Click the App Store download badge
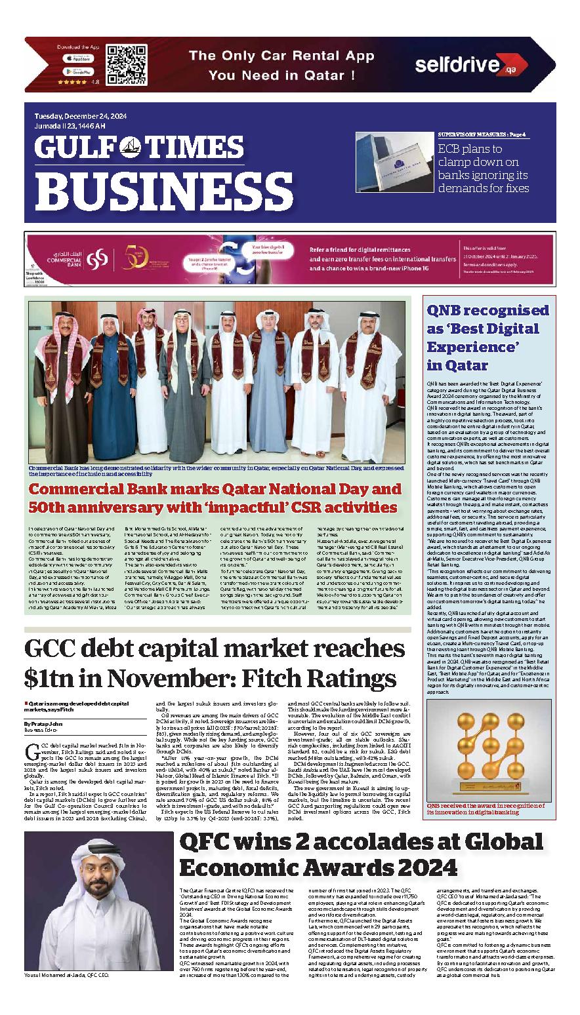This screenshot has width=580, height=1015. click(x=78, y=58)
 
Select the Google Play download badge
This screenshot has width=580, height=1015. click(x=78, y=71)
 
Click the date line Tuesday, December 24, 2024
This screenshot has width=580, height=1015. click(x=81, y=116)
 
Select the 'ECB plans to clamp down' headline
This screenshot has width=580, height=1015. click(x=483, y=169)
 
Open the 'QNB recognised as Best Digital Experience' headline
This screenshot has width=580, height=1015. click(x=487, y=338)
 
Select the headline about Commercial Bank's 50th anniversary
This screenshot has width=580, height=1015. click(x=215, y=498)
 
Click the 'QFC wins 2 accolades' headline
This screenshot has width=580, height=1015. click(x=318, y=854)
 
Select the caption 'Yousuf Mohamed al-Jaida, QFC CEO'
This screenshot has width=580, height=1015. click(x=66, y=975)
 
